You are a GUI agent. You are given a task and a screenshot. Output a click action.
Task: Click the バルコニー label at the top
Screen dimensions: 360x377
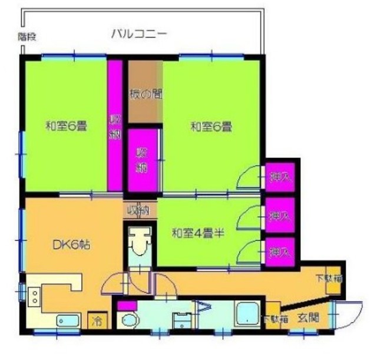click(139, 34)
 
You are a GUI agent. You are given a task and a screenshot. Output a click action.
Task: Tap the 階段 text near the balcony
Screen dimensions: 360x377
click(27, 37)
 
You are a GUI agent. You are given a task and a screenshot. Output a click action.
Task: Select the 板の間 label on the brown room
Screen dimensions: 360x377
click(145, 93)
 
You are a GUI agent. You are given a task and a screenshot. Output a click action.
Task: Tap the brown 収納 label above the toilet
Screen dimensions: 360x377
click(140, 209)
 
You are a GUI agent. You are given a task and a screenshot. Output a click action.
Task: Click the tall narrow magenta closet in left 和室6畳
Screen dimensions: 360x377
click(114, 125)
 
